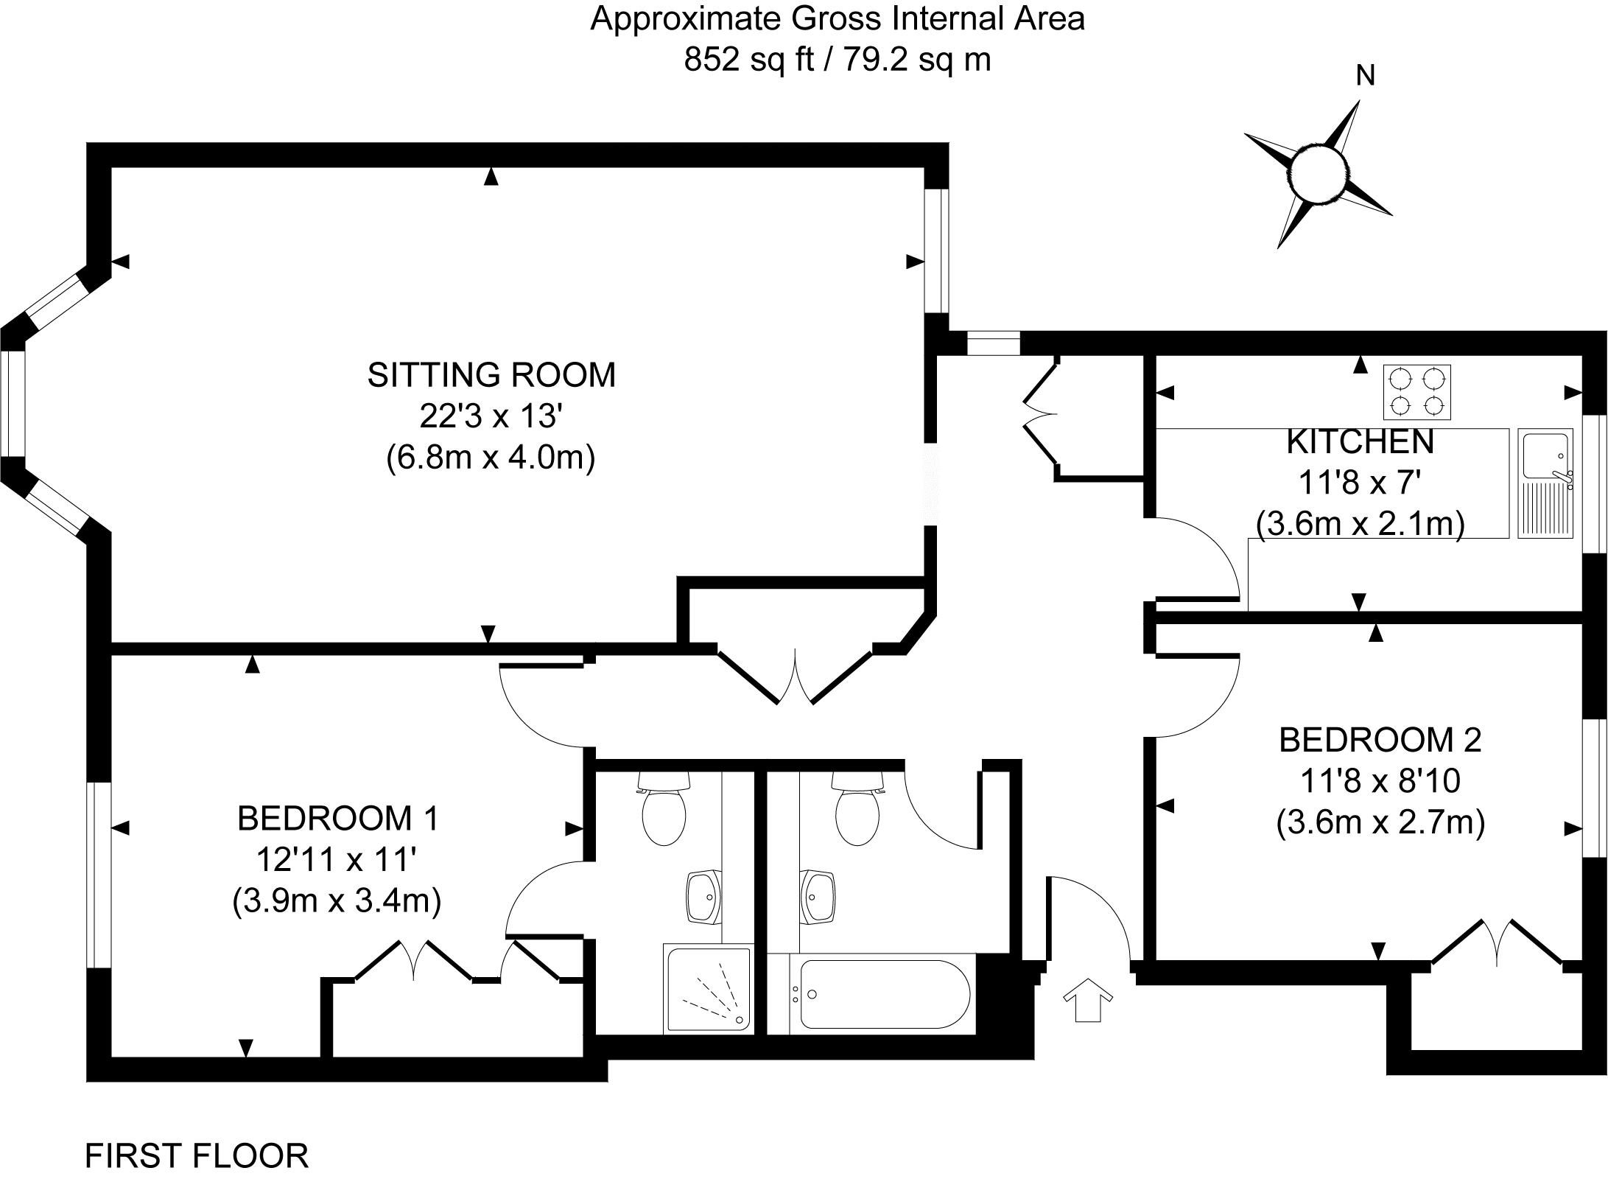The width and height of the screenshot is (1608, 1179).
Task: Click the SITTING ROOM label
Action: click(x=491, y=375)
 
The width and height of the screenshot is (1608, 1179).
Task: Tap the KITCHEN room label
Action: click(x=1360, y=442)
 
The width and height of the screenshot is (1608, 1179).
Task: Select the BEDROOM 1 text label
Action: click(x=338, y=819)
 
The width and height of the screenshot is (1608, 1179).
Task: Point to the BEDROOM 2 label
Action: click(x=1380, y=740)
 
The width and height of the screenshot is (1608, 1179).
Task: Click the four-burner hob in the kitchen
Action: click(x=1416, y=391)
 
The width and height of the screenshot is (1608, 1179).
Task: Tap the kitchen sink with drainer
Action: click(x=1545, y=483)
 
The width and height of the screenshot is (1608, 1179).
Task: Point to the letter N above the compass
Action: click(x=1366, y=75)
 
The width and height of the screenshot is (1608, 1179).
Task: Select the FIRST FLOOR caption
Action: click(x=197, y=1155)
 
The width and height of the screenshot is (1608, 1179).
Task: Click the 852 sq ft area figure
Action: click(x=747, y=60)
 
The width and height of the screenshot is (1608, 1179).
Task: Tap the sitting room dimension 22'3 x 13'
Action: click(x=491, y=416)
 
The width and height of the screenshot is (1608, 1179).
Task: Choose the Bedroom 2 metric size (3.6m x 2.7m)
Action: click(x=1380, y=822)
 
